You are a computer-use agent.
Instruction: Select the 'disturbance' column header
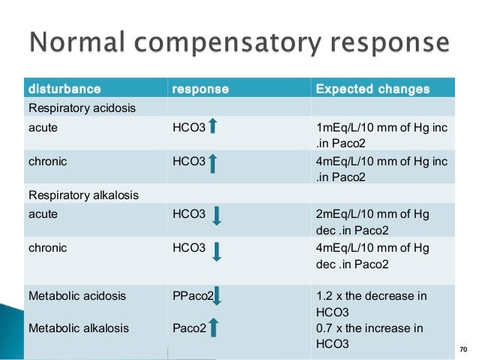click(64, 89)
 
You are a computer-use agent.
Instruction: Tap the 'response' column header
click(200, 89)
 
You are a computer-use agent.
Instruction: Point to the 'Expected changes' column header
click(372, 89)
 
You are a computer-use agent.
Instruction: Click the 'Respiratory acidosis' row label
click(82, 108)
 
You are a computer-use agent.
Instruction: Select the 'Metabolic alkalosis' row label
click(78, 328)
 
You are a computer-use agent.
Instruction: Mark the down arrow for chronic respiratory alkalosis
click(216, 250)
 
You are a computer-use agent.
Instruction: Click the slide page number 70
click(462, 349)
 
